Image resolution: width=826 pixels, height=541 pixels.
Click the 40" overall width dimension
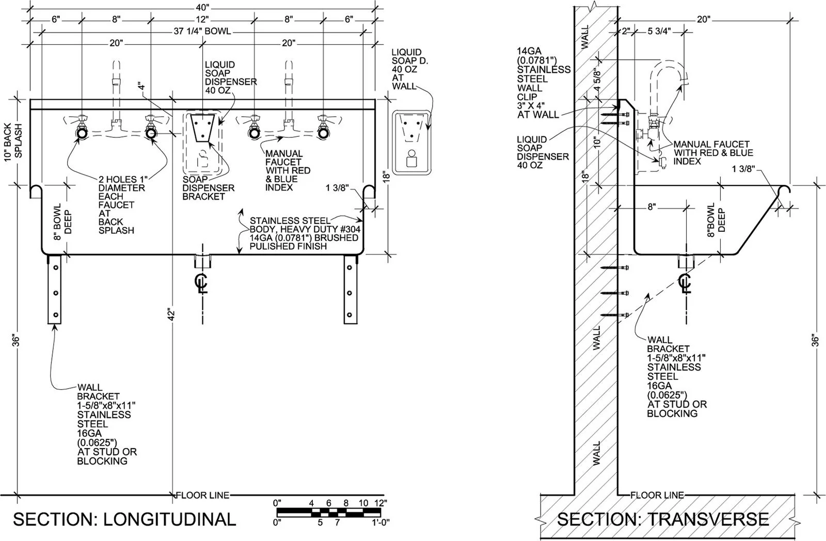202,7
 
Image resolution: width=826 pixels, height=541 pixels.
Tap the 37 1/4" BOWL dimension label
202,31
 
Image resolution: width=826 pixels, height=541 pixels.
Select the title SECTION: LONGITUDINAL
124,519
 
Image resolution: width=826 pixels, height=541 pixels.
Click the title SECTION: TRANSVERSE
663,519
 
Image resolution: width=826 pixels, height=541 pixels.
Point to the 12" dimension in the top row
202,19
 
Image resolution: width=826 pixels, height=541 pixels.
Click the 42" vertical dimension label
171,314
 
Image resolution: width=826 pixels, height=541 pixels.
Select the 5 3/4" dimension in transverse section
659,31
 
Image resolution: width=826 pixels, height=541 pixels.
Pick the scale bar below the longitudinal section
329,512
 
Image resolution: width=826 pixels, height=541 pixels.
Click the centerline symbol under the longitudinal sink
202,283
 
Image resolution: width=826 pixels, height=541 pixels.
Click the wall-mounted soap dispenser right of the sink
411,142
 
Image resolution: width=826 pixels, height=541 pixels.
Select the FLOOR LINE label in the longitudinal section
203,495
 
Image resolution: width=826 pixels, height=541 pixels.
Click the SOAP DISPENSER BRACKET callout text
209,188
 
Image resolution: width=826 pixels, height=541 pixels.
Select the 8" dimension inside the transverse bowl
652,207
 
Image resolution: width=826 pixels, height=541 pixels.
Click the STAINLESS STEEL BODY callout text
305,233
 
